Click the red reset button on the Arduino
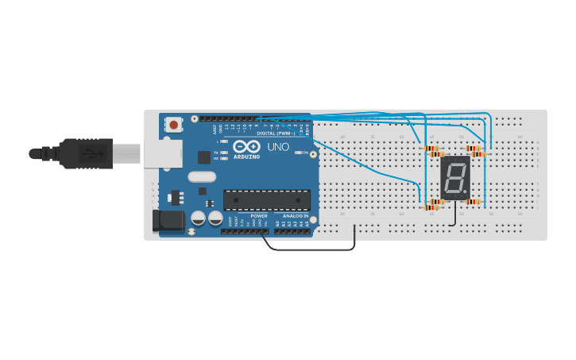coord(173,125)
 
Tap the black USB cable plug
coord(87,153)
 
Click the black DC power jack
coord(167,220)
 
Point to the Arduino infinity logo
coord(247,147)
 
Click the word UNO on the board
coord(278,147)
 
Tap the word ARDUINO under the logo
coord(247,157)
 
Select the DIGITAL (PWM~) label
coord(275,134)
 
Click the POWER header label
coord(259,216)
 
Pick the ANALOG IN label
coord(295,216)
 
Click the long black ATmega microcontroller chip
coord(267,199)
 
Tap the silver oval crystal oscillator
coord(202,177)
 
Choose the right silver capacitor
coord(215,218)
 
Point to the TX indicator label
coord(216,152)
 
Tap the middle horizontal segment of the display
coord(455,176)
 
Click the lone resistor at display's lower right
coord(473,202)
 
